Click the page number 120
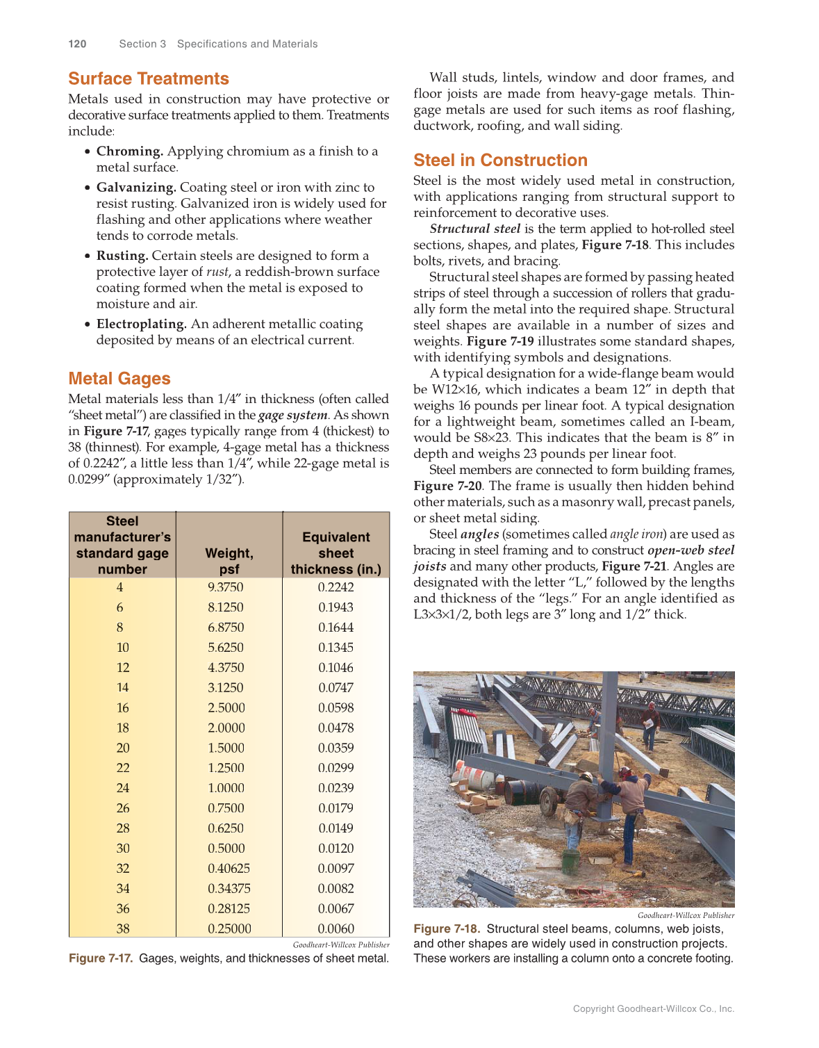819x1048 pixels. [x=77, y=44]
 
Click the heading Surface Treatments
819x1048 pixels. [x=149, y=79]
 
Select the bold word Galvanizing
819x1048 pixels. [x=136, y=187]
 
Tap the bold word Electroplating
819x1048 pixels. [x=142, y=324]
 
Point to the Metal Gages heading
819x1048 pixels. [x=119, y=379]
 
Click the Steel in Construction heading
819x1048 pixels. [x=500, y=161]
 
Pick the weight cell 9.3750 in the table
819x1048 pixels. [x=226, y=587]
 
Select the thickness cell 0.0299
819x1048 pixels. [x=336, y=768]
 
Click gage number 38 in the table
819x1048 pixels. [x=123, y=928]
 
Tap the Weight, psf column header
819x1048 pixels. [x=229, y=561]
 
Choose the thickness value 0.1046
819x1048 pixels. [x=336, y=667]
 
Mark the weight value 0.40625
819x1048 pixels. [x=229, y=868]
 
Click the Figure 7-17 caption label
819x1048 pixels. [x=101, y=958]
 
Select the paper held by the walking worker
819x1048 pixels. [x=650, y=723]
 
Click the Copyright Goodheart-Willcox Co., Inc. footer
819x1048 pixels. [x=653, y=1008]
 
